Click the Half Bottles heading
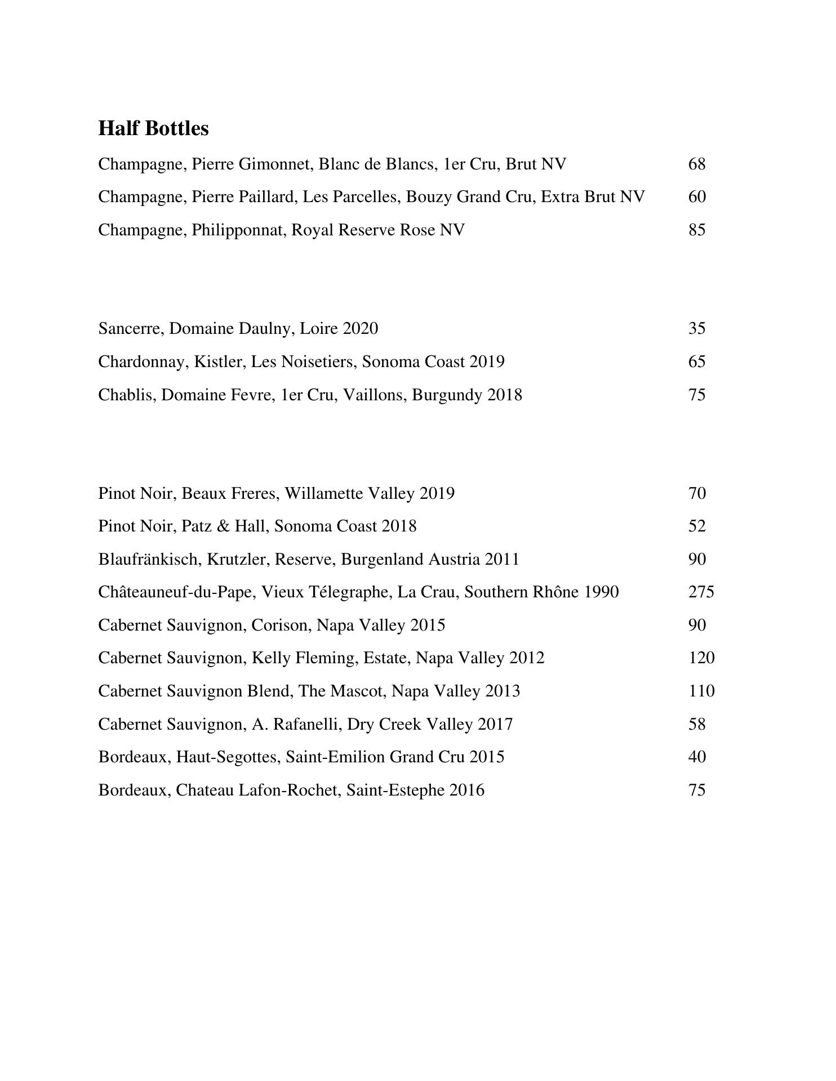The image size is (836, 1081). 153,128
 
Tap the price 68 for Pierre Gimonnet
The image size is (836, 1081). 697,164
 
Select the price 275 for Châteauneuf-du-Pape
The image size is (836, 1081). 701,592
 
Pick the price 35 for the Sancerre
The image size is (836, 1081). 697,328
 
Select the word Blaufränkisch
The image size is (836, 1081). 150,559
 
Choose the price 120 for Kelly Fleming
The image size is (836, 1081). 701,658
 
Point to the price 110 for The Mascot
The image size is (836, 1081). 701,691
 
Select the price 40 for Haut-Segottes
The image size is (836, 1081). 697,757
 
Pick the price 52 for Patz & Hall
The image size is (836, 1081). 697,526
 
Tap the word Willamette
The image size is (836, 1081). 323,493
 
